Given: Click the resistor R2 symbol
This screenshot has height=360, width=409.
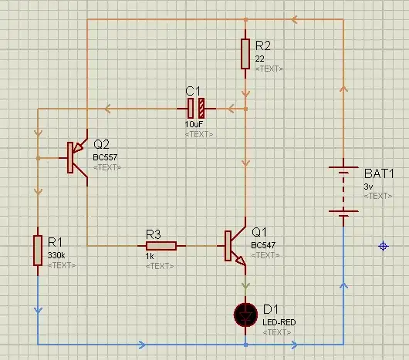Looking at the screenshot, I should pos(245,53).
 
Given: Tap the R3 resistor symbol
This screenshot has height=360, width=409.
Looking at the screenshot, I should pos(162,246).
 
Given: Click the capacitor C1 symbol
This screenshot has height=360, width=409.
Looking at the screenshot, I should pos(198,109).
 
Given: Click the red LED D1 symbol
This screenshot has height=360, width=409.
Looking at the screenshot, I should pos(245,314).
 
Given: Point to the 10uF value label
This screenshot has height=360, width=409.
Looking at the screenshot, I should pos(194,124).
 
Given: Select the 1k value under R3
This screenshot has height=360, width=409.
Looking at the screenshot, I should pos(150,255).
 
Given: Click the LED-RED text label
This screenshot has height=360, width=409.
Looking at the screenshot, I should pos(278,321).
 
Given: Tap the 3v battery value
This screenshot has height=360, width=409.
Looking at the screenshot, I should pos(368,187).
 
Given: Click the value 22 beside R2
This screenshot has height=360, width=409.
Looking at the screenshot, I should pos(260,59).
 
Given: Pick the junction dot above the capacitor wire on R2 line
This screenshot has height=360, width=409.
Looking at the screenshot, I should pos(245,109).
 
